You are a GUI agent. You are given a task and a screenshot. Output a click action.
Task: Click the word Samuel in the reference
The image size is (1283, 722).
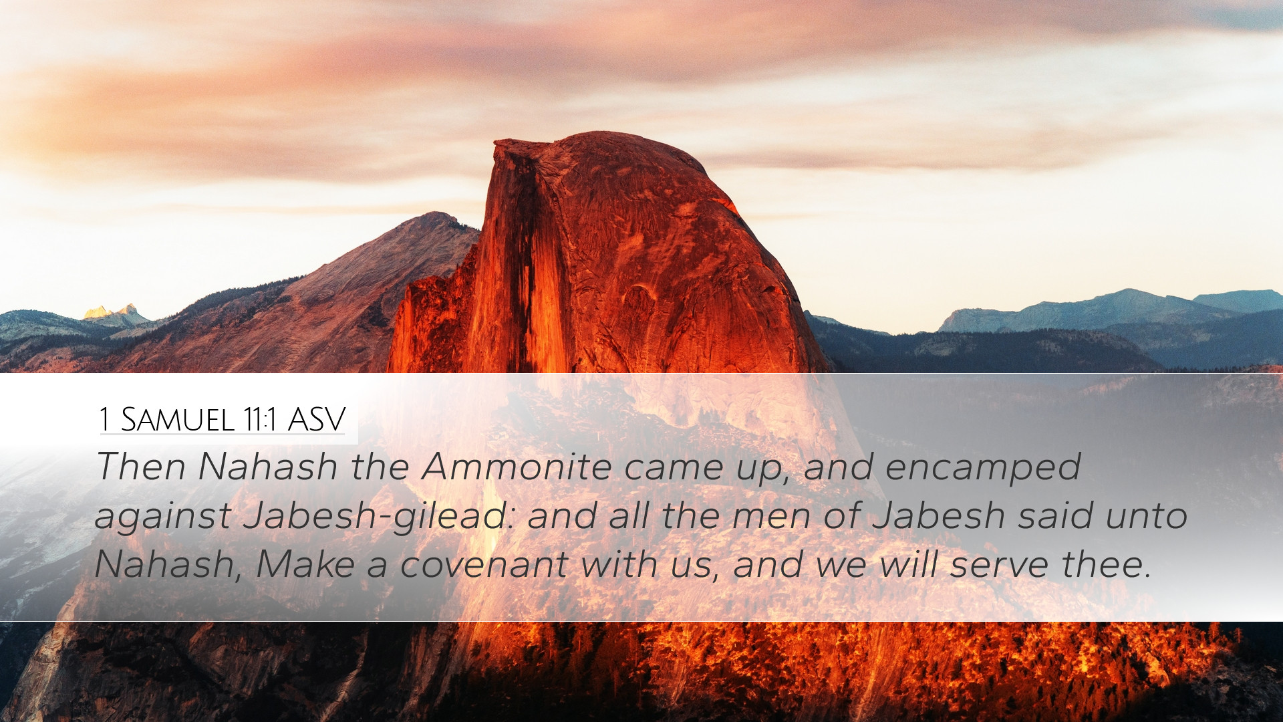(x=178, y=420)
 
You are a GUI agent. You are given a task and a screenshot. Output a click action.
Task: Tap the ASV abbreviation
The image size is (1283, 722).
(x=316, y=420)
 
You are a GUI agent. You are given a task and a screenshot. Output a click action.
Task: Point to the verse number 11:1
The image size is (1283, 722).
(x=261, y=420)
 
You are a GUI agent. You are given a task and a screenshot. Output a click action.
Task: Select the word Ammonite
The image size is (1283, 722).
(x=517, y=466)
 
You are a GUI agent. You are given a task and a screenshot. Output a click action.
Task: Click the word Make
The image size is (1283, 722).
(x=305, y=564)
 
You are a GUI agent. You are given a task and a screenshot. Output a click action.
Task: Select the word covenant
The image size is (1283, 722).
(x=483, y=566)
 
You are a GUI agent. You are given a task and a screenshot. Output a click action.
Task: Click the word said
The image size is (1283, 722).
(x=1055, y=515)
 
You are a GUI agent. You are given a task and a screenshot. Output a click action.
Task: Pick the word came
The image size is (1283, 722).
(x=674, y=467)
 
